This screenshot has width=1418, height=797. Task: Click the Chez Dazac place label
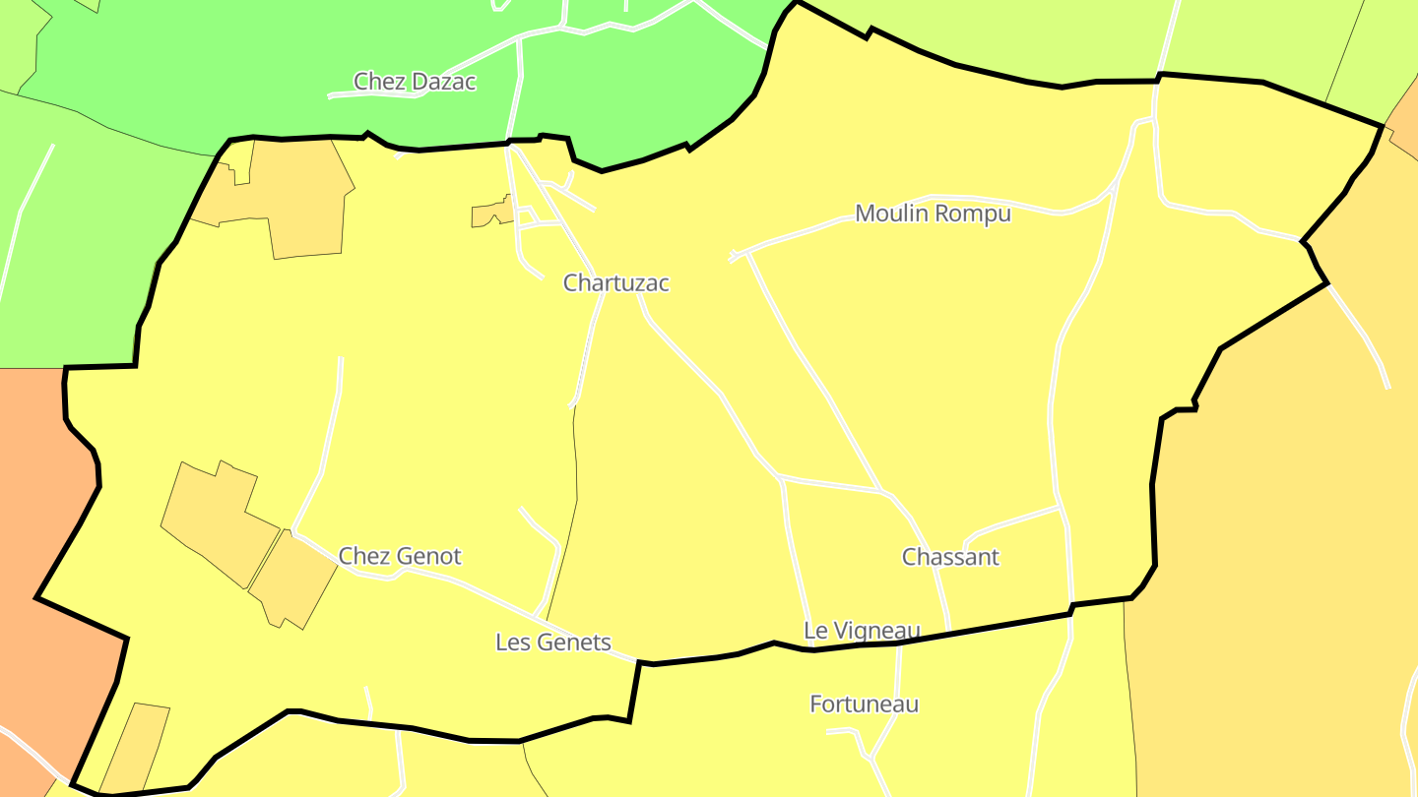coord(415,82)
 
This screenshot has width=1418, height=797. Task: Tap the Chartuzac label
coord(615,283)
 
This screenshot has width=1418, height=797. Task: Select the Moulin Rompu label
coord(933,214)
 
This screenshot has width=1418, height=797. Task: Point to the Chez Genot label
coord(400,557)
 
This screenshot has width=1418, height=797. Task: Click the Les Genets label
coord(552,644)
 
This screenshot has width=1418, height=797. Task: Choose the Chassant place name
coord(950,557)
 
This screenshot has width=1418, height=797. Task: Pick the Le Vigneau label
coord(862,631)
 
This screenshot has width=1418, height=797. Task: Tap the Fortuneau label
coord(864,705)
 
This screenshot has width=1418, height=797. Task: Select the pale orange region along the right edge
coord(1280,541)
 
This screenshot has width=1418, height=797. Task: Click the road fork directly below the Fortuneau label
coord(870,758)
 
